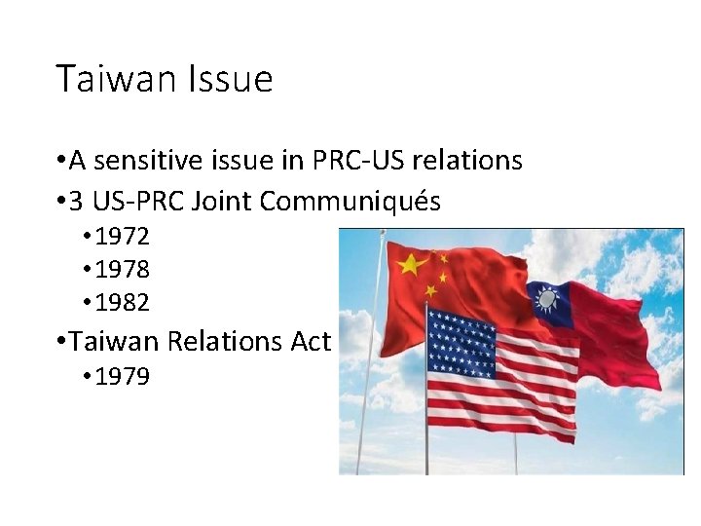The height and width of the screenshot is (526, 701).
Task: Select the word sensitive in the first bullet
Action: [147, 159]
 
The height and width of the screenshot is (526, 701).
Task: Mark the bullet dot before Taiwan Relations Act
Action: [61, 341]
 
